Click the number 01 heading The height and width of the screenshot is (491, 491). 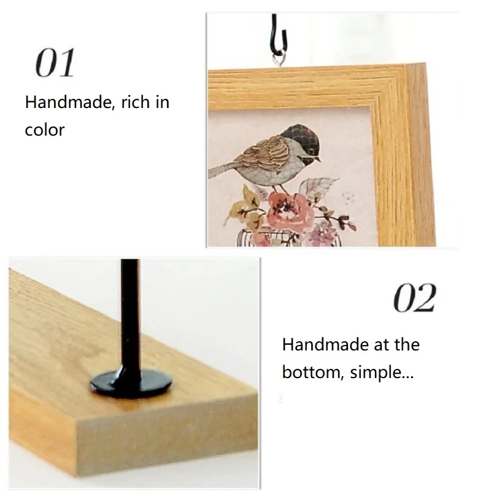click(x=55, y=63)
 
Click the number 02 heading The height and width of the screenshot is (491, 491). click(x=414, y=298)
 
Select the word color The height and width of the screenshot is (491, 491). click(x=44, y=130)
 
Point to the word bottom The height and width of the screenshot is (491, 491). click(x=312, y=372)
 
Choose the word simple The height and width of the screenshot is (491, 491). click(x=381, y=373)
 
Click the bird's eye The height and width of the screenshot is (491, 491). click(x=312, y=152)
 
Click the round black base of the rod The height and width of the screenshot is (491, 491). click(x=131, y=382)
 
